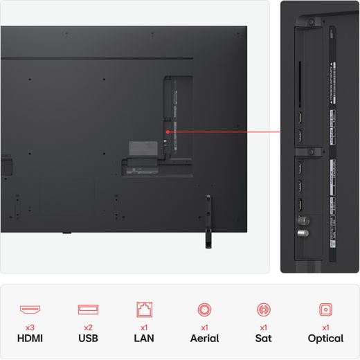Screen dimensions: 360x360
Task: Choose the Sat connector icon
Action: (264, 309)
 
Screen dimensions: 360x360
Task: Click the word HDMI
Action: (29, 339)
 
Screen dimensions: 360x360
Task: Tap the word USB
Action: (88, 339)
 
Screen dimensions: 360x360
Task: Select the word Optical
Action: (325, 339)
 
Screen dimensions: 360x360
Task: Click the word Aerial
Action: (204, 339)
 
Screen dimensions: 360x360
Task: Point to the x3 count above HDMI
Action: (29, 326)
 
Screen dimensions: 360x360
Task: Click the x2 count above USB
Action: (88, 326)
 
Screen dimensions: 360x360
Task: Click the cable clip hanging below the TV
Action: (207, 222)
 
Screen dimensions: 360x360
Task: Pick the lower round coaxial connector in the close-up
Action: (300, 233)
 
